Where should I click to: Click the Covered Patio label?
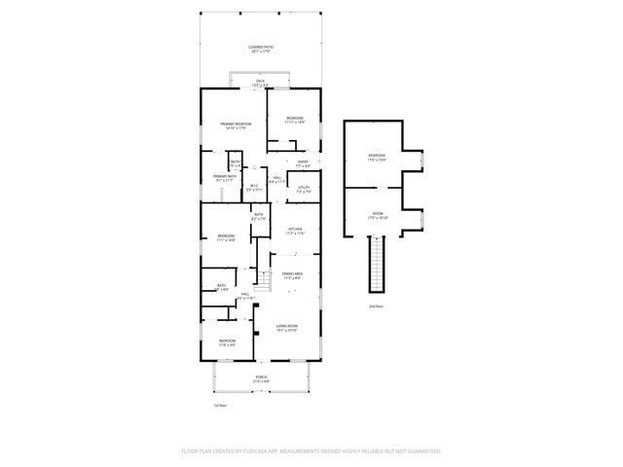(x=259, y=48)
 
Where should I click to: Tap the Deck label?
(x=260, y=83)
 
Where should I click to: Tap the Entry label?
(x=303, y=162)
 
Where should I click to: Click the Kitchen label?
(x=295, y=232)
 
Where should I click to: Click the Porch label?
(x=261, y=377)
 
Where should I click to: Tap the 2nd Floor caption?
(x=376, y=305)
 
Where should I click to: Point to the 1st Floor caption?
(x=220, y=404)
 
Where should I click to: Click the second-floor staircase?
(x=376, y=265)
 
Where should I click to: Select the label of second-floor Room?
(x=378, y=216)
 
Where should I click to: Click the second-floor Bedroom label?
(x=378, y=158)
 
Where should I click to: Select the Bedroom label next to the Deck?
(x=295, y=121)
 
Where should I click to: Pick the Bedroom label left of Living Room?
(x=226, y=342)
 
